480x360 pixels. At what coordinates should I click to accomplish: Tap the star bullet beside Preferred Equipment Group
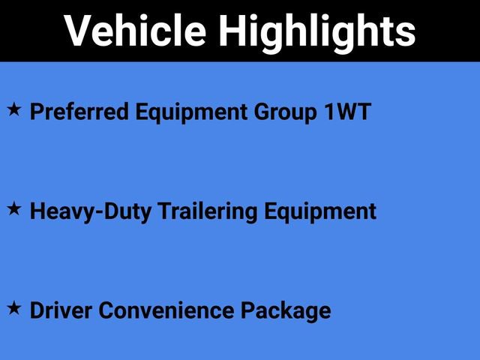[x=14, y=110]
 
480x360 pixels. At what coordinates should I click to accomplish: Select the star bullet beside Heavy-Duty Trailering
[x=14, y=209]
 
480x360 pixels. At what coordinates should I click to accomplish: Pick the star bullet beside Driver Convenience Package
[x=14, y=307]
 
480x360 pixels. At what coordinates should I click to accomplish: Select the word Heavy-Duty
[x=89, y=211]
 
